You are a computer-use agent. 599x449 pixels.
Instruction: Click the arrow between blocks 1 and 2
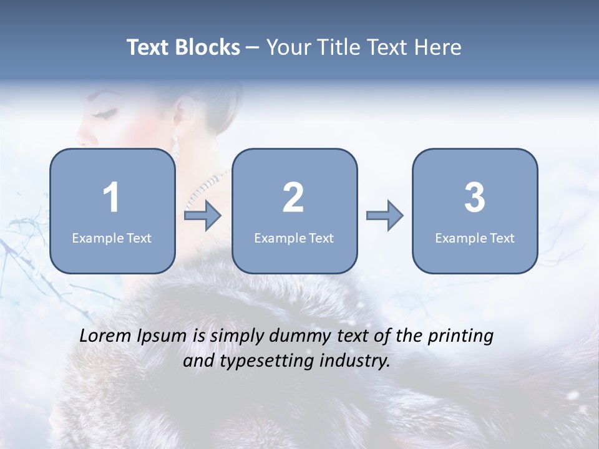click(x=203, y=216)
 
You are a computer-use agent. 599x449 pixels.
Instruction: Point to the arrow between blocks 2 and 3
click(x=384, y=216)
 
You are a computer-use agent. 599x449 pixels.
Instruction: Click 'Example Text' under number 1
click(x=112, y=238)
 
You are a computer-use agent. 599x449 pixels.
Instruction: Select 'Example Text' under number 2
click(x=294, y=238)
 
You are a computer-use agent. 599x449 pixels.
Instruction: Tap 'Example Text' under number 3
click(x=475, y=238)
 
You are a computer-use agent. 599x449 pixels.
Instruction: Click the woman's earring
click(x=177, y=146)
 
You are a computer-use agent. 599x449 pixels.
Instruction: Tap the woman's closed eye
click(x=105, y=113)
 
